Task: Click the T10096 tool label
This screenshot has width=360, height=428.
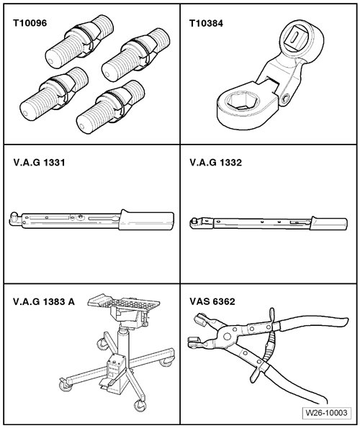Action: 30,23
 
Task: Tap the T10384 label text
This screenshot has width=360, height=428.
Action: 206,23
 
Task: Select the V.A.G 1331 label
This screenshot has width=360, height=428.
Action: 39,163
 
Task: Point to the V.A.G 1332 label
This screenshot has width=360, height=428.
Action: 216,163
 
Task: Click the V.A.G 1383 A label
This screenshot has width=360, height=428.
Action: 44,301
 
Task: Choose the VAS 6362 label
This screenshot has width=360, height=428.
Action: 212,301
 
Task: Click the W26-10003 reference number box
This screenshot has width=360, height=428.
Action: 326,413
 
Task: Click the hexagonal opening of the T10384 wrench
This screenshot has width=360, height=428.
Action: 243,103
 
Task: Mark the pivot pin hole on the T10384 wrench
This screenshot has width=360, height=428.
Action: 286,99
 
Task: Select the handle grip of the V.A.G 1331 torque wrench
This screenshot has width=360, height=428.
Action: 146,220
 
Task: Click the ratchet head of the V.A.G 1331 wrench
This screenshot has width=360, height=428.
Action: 14,219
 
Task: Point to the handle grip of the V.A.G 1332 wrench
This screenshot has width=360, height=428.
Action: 329,222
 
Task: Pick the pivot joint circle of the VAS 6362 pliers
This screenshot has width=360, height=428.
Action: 227,336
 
